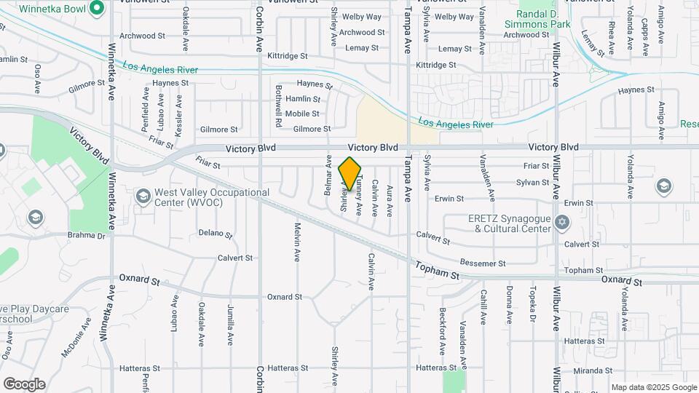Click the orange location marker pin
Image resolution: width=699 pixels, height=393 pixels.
click(350, 174)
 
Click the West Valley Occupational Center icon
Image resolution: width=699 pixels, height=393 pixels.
click(142, 196)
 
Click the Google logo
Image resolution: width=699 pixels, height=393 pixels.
click(24, 384)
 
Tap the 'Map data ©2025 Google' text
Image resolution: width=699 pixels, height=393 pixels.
click(654, 387)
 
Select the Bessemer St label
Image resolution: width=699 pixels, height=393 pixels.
click(483, 263)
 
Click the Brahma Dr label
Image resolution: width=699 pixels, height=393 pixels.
click(87, 235)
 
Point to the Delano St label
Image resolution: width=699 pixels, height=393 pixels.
click(215, 234)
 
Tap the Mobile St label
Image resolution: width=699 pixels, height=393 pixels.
click(301, 114)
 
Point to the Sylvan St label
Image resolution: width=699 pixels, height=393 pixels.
click(532, 183)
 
